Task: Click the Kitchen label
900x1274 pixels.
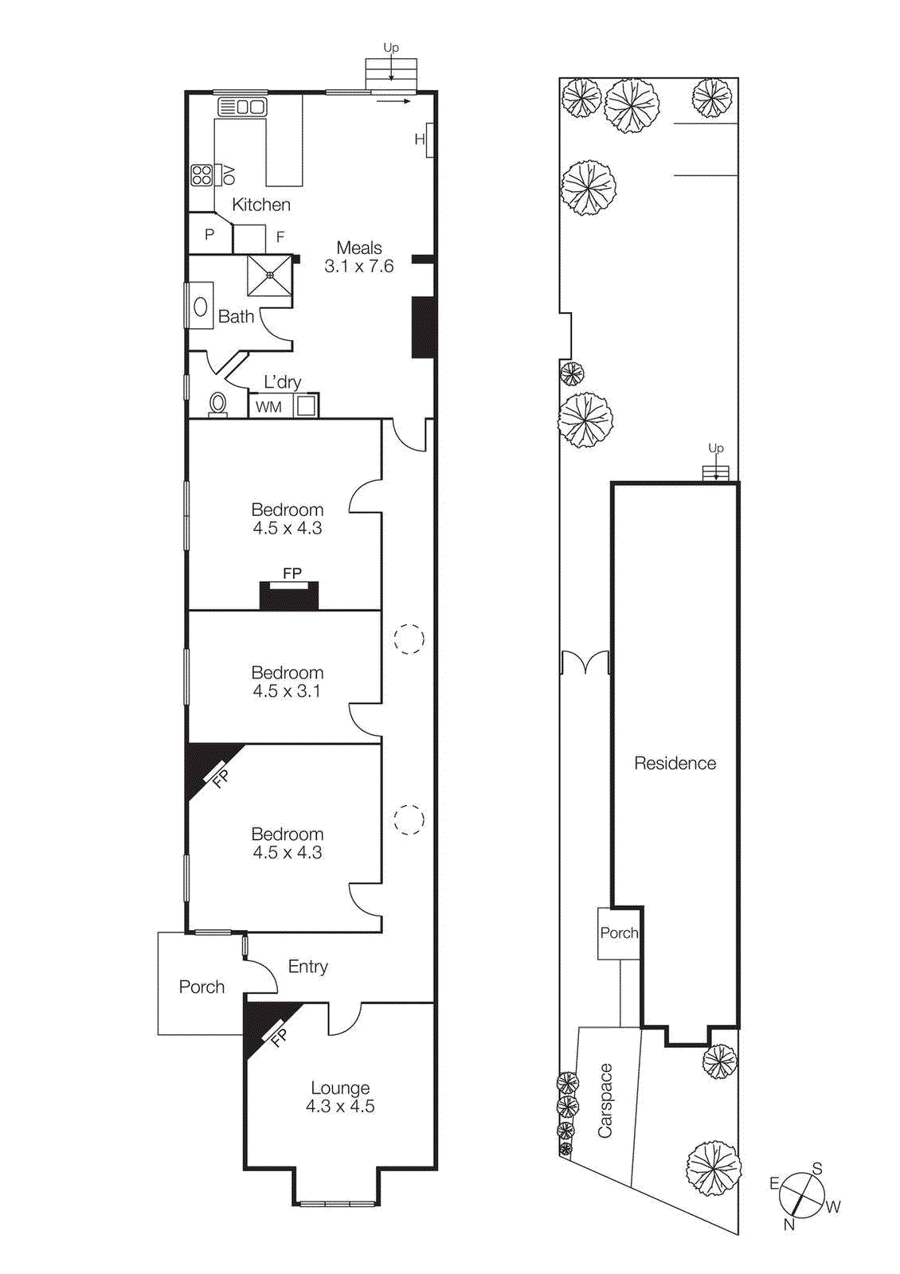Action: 260,205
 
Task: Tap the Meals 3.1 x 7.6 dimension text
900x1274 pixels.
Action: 358,266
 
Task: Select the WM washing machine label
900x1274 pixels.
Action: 268,407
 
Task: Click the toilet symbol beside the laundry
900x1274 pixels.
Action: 217,404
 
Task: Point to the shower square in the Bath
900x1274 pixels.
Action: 270,276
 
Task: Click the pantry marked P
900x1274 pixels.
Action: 209,235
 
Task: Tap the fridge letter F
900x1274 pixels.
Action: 280,237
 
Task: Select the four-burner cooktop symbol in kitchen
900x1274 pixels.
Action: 202,175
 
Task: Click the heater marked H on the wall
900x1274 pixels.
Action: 420,140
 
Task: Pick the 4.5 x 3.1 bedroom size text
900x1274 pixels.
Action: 287,691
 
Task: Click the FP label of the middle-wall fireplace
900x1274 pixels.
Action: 292,573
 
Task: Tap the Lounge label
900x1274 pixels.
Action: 340,1088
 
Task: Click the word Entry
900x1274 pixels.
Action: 307,967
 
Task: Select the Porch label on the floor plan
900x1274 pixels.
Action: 202,987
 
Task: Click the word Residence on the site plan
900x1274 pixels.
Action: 675,764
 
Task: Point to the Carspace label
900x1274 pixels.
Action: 605,1100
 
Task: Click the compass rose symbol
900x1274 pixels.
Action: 802,1195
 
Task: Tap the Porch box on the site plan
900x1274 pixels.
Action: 619,933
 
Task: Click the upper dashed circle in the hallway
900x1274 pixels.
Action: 409,639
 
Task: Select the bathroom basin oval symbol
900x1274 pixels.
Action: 201,307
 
